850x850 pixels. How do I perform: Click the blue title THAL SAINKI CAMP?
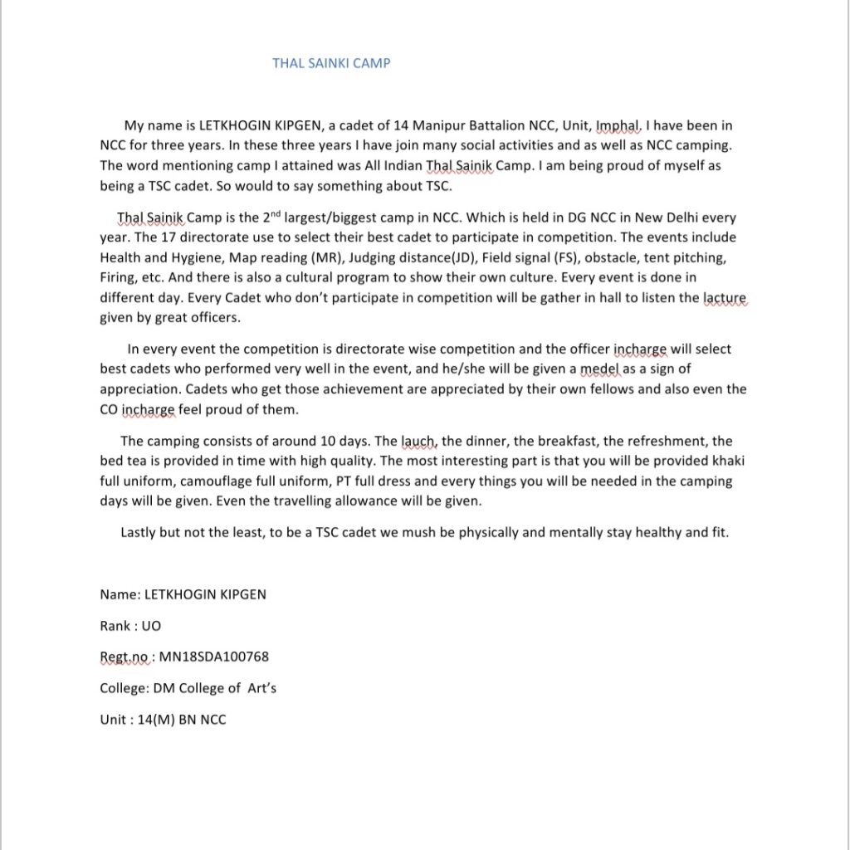331,63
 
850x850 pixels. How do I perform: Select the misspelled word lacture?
725,297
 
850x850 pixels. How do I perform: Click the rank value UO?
151,626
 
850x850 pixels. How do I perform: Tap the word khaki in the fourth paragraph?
714,462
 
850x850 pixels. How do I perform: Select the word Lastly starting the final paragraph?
138,532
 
